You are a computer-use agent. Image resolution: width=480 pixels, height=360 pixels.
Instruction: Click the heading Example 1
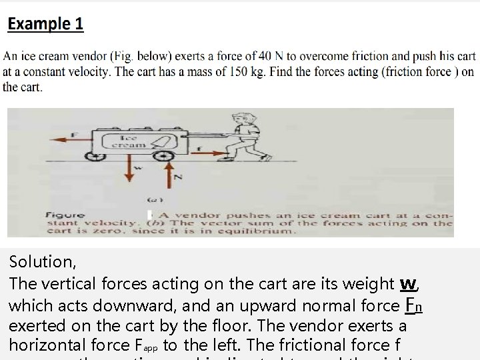45,24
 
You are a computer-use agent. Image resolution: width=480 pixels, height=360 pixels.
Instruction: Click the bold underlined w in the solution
408,283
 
